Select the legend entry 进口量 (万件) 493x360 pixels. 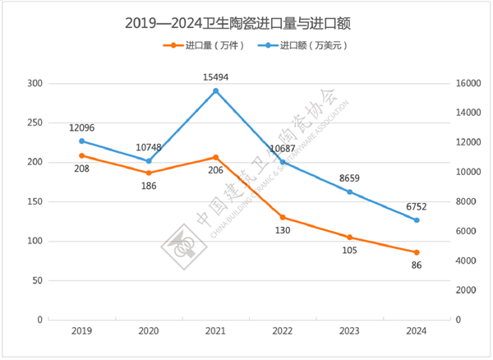[x=196, y=46]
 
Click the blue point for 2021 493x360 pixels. [x=216, y=91]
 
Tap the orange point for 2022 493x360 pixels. [x=283, y=218]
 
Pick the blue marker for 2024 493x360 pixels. [x=417, y=220]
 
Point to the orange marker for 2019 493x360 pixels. [x=82, y=155]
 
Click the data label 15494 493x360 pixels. [x=216, y=76]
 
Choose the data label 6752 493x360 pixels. [x=417, y=205]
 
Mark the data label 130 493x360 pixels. [x=283, y=233]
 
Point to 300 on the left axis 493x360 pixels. [x=34, y=84]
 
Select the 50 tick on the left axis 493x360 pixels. [x=36, y=280]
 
